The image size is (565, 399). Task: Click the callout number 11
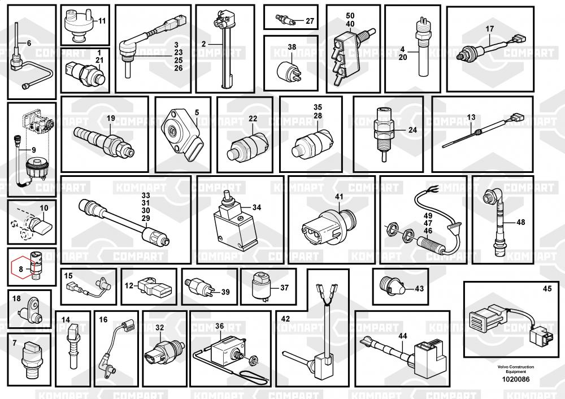(102, 21)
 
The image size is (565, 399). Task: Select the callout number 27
(310, 21)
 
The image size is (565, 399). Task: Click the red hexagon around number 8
(21, 270)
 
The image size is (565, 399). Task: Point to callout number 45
(547, 289)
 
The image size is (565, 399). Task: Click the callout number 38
(292, 47)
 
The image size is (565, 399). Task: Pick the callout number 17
(490, 28)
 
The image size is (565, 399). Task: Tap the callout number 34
(257, 207)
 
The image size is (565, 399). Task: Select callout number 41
(339, 196)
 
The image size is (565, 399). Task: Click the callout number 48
(520, 222)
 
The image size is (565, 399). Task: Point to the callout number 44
(402, 336)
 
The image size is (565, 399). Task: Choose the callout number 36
(220, 326)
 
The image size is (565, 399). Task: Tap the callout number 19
(110, 118)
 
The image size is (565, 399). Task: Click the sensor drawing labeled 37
(261, 287)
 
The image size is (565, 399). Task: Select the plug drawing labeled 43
(394, 286)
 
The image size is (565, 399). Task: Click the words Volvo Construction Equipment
(515, 369)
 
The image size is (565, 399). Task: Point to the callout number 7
(15, 343)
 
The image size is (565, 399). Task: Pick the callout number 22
(253, 118)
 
